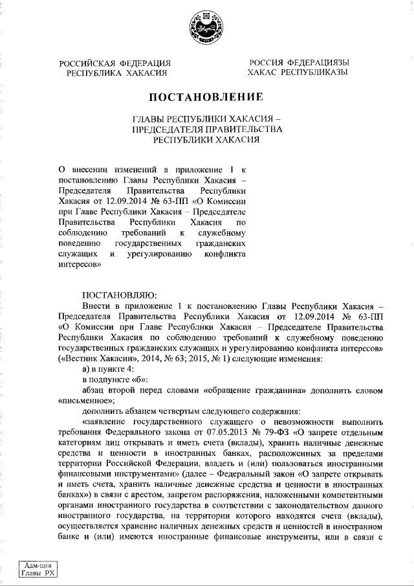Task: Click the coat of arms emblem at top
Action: tap(207, 28)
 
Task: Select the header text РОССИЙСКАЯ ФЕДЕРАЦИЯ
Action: tap(114, 63)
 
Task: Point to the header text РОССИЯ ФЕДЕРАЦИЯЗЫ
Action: tap(298, 63)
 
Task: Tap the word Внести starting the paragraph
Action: tap(96, 304)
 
